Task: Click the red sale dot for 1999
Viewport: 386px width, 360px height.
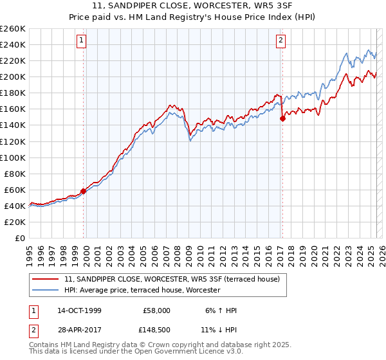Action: tap(84, 191)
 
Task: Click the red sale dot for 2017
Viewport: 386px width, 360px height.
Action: tap(282, 118)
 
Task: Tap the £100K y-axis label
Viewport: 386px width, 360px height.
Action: tap(13, 157)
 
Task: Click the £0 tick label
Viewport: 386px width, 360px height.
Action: tap(20, 238)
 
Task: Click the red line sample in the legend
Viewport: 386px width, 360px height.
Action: tap(46, 280)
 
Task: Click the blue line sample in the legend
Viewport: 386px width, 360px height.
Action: tap(46, 291)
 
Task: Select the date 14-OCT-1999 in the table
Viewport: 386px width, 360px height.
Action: tap(79, 310)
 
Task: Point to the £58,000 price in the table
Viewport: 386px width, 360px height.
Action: tap(156, 310)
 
